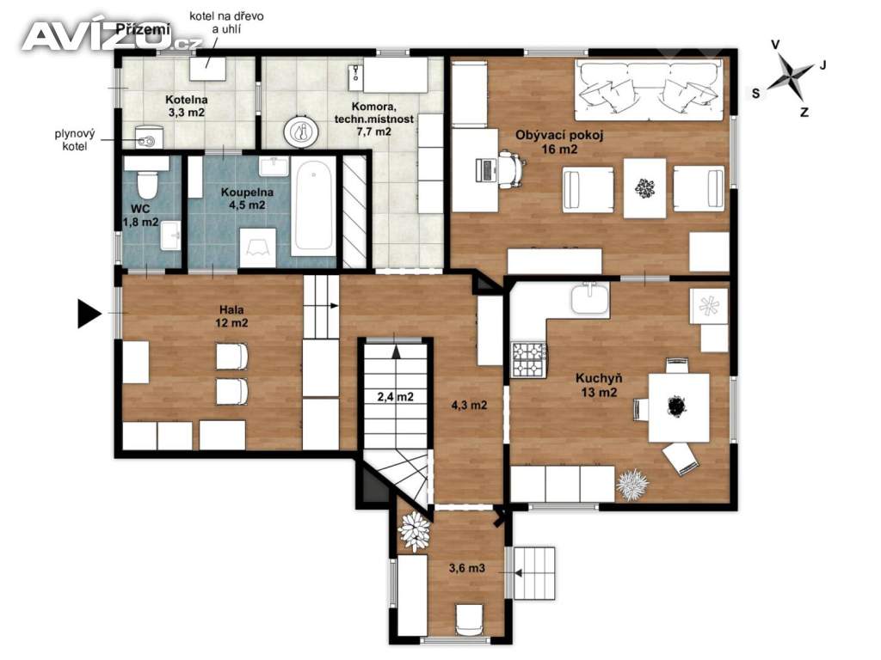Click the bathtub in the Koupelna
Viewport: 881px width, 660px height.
[313, 205]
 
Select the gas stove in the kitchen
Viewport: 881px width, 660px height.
[529, 359]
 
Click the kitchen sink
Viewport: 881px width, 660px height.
[590, 298]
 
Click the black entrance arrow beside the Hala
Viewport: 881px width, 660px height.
[89, 313]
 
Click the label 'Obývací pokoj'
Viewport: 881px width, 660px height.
[559, 135]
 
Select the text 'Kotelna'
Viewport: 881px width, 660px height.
[187, 100]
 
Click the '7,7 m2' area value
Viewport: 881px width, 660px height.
[374, 131]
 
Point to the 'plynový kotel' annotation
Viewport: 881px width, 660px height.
[75, 140]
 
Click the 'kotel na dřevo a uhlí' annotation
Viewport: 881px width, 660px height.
[226, 22]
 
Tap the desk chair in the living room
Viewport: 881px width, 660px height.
[509, 166]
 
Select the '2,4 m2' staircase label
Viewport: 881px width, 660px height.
[396, 397]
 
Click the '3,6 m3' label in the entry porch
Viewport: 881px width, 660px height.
[467, 568]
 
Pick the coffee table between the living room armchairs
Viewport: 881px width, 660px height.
[644, 188]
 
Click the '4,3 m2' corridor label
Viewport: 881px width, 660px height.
[469, 405]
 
